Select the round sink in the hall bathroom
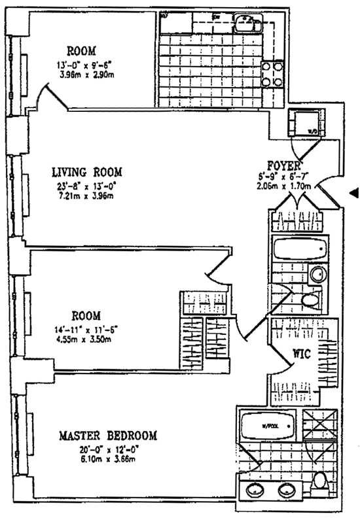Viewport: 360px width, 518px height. [317, 275]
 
